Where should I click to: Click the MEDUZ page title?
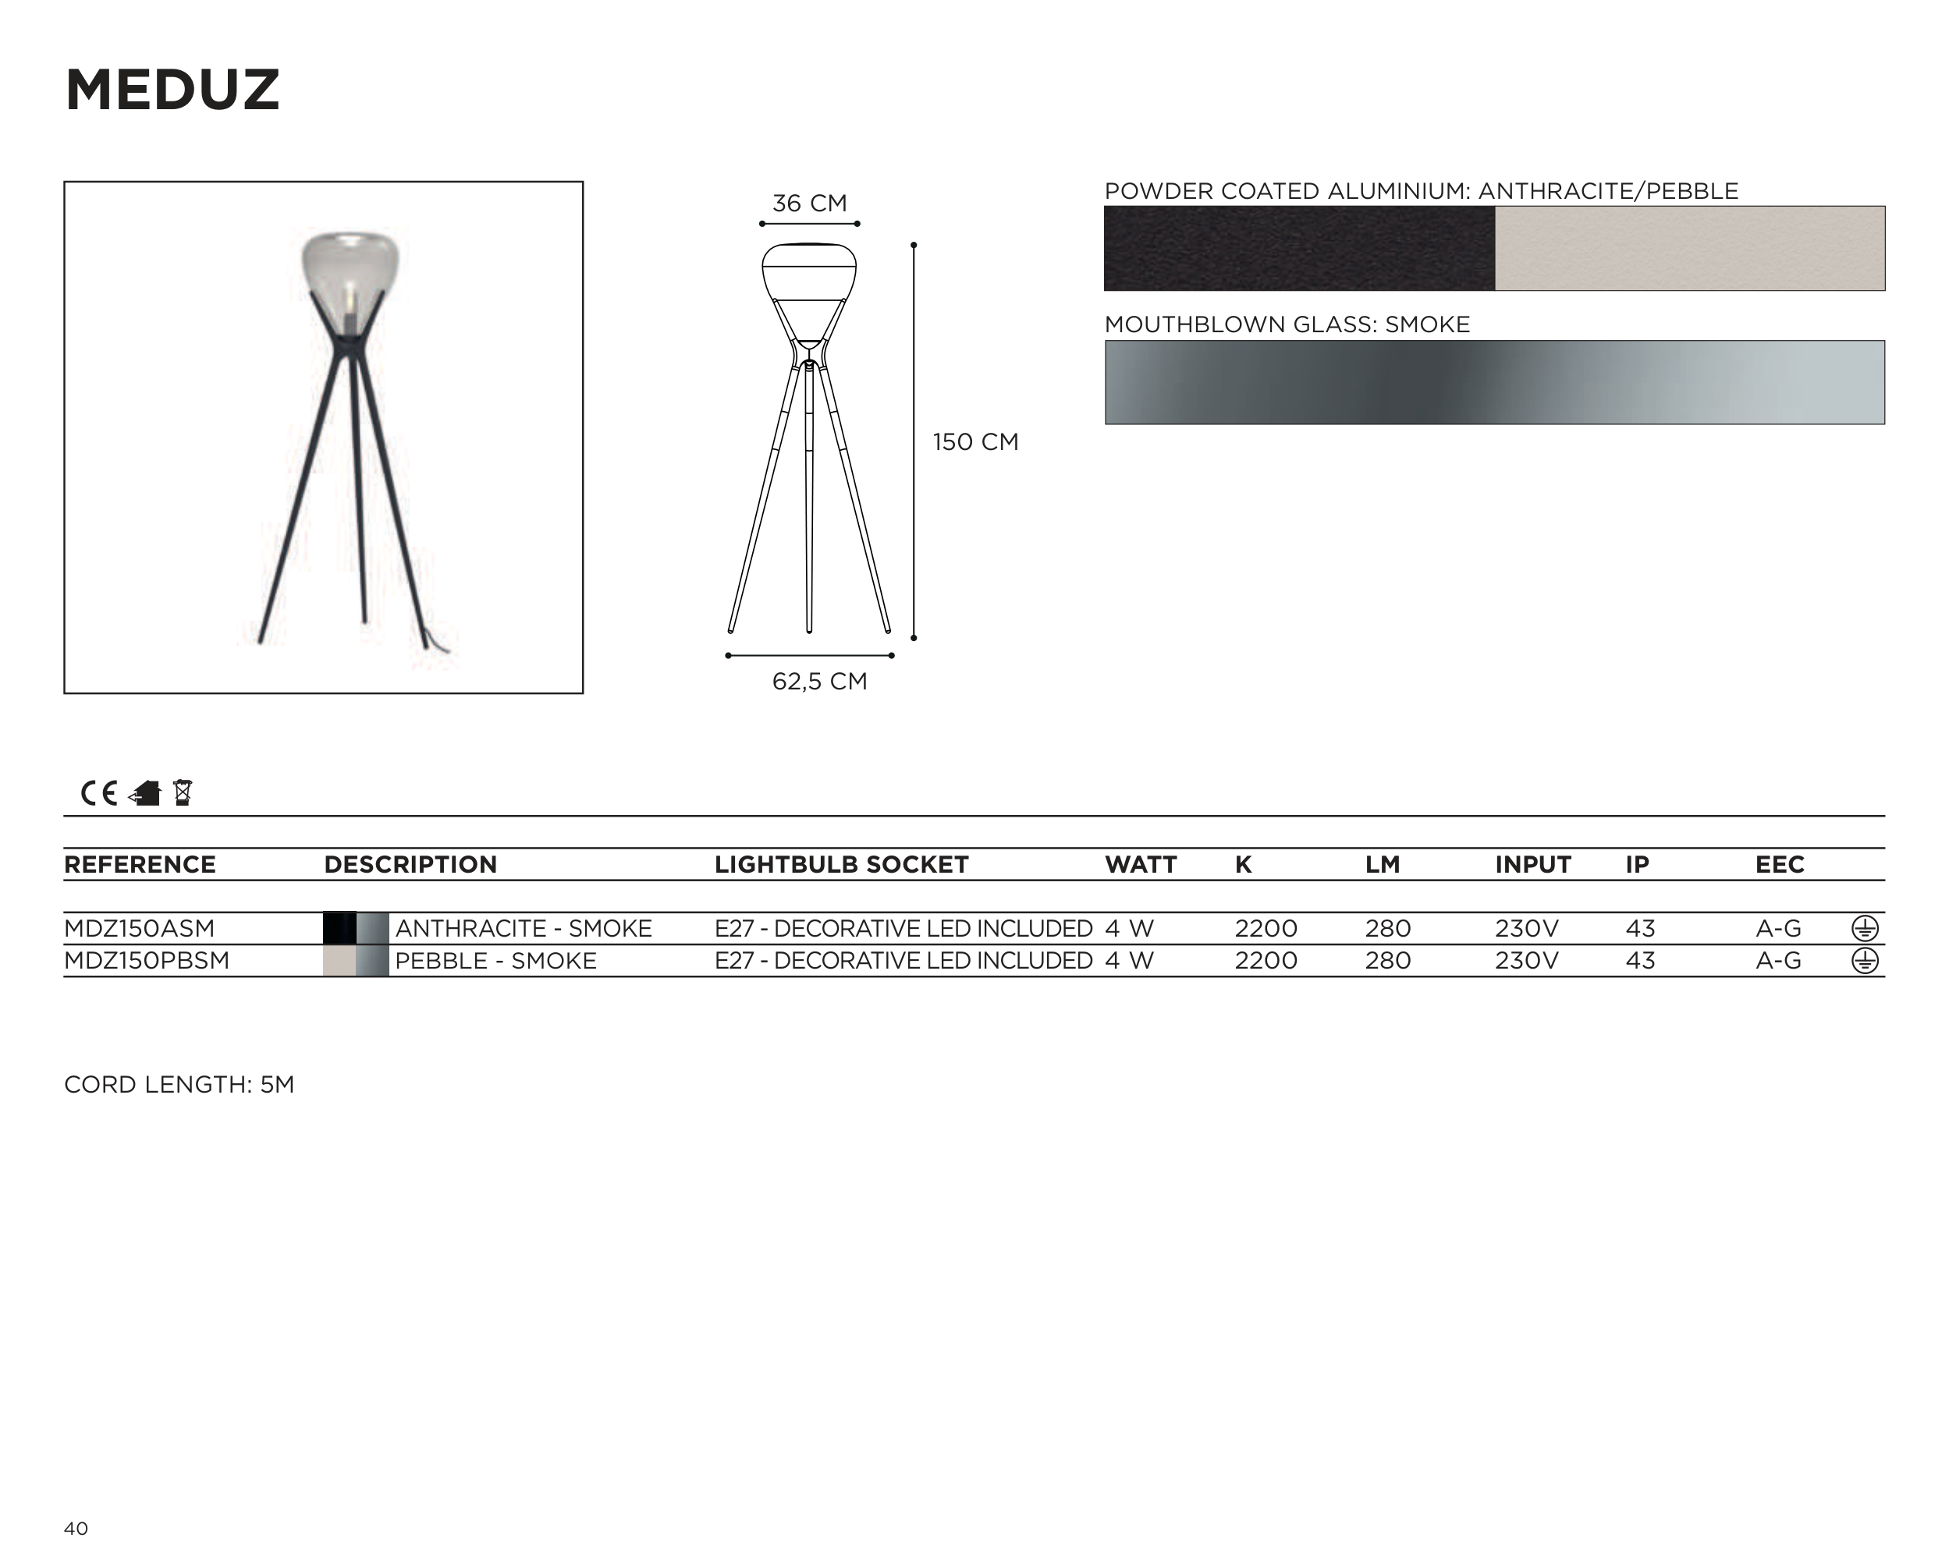tap(172, 90)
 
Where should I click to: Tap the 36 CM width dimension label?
tap(809, 204)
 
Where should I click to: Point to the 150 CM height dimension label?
tap(975, 442)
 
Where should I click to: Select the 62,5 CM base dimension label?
tap(819, 682)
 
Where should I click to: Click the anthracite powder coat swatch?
tap(1299, 249)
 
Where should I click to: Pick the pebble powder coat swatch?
tap(1689, 249)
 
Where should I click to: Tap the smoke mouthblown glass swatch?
tap(1494, 382)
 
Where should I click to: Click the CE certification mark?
tap(98, 793)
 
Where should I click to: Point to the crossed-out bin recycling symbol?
tap(183, 792)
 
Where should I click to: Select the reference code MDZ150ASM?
tap(139, 929)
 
